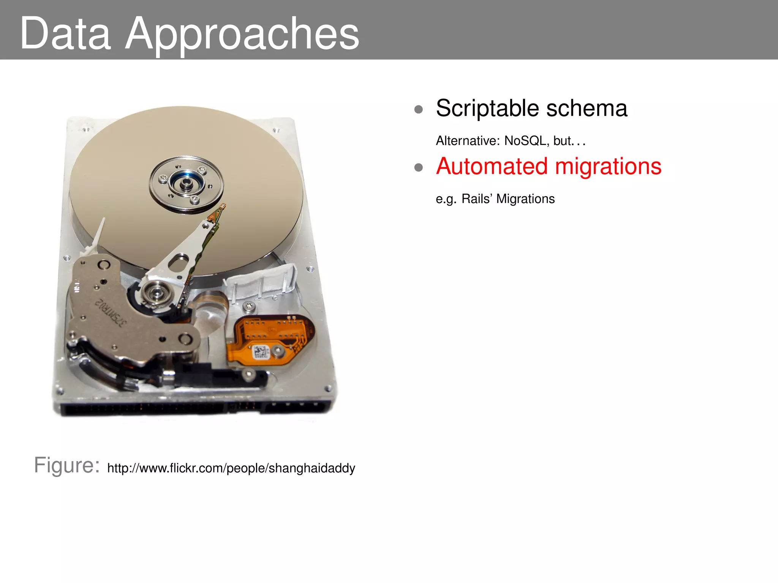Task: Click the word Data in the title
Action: coord(65,34)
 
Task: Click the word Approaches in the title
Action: coord(242,35)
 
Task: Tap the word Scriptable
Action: coord(487,109)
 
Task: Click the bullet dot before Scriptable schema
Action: coord(419,110)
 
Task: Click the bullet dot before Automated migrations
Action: coord(419,167)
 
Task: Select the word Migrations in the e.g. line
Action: coord(525,199)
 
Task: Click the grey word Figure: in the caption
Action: coord(67,465)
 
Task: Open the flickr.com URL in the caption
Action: coord(231,468)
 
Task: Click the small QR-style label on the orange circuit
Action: coord(261,352)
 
